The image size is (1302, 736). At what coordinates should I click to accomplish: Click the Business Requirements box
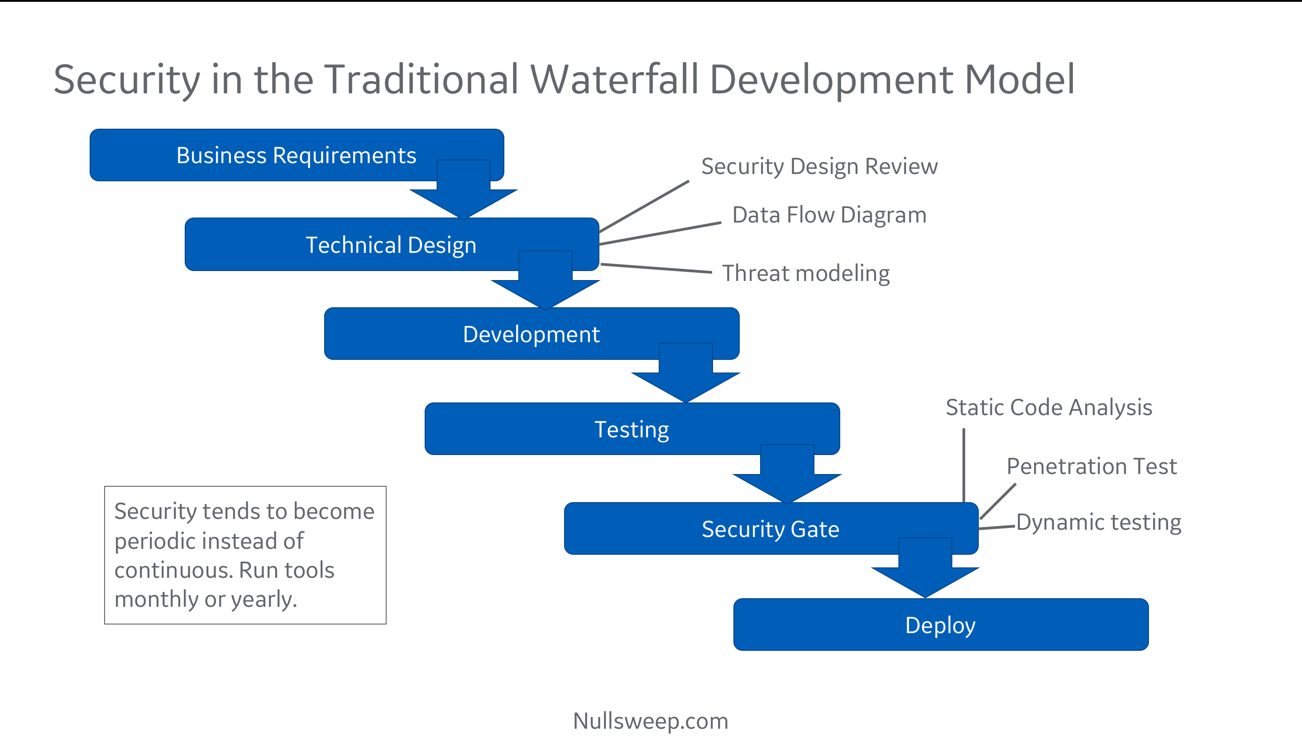point(296,155)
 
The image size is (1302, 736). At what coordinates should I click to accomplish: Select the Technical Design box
point(391,244)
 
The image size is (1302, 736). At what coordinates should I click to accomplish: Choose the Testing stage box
point(632,428)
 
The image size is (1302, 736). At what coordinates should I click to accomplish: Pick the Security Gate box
point(771,528)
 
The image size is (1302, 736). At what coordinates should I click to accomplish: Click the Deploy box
point(941,624)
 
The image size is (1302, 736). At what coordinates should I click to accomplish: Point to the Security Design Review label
point(819,167)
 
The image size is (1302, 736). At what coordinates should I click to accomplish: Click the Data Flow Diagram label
point(829,215)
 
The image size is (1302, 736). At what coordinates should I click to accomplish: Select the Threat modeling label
point(806,274)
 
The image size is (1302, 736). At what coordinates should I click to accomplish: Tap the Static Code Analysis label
point(1049,408)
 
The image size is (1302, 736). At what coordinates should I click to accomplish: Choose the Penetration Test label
point(1092,466)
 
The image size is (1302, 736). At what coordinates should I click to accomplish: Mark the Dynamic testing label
point(1099,523)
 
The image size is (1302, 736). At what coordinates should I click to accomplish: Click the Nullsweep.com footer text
point(651,721)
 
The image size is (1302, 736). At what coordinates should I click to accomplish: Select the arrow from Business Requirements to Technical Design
point(464,190)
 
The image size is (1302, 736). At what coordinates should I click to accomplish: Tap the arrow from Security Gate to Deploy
point(925,567)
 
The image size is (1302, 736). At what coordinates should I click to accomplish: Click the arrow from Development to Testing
point(686,373)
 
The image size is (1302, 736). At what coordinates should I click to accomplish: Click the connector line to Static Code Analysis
point(964,465)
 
